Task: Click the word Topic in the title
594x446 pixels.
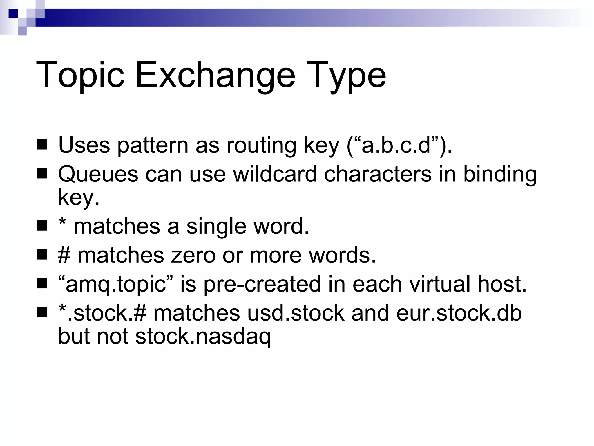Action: (x=80, y=75)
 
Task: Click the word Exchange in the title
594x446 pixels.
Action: (x=215, y=75)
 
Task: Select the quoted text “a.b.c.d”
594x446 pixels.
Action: (x=398, y=145)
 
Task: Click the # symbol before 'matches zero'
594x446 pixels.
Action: (x=64, y=255)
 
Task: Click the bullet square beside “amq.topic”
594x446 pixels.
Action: (x=42, y=284)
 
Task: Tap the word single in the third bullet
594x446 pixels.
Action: (x=216, y=226)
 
